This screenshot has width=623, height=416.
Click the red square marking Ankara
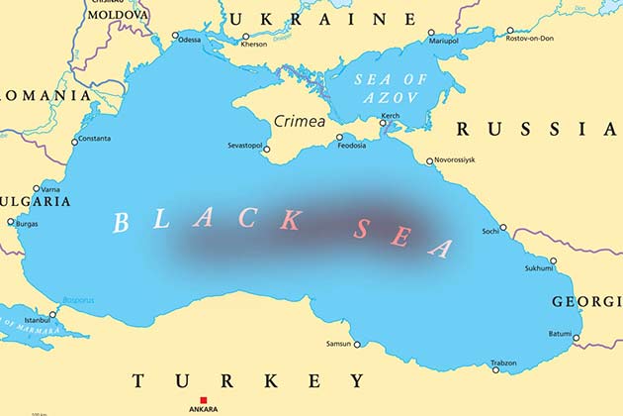tap(204, 400)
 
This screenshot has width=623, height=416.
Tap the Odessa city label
tap(190, 40)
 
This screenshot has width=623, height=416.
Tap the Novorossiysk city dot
tap(430, 161)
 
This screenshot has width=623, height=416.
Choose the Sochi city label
tap(490, 231)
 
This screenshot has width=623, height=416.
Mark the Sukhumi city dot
tap(553, 261)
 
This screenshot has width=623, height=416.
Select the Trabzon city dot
tap(496, 369)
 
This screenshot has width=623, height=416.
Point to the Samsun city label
tap(338, 345)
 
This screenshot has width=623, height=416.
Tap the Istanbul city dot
tap(52, 314)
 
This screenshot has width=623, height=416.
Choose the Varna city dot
tap(37, 189)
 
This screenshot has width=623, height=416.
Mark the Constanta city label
tap(94, 139)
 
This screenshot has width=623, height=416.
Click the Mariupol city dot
tap(431, 33)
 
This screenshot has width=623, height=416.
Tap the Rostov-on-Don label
tap(530, 38)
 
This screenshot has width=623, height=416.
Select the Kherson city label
tap(254, 44)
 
